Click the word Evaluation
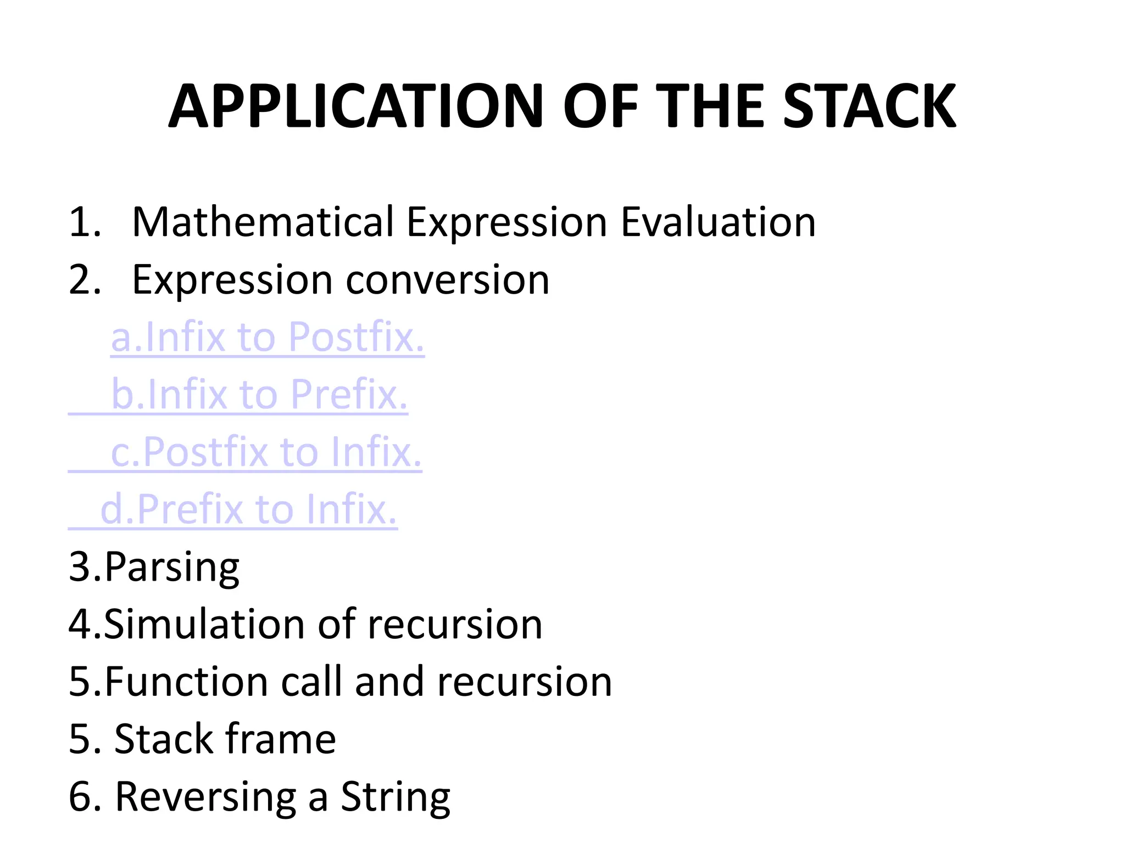tap(718, 222)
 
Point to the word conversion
tap(447, 280)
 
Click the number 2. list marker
tap(85, 280)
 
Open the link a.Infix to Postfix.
tap(268, 337)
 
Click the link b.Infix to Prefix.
tap(259, 395)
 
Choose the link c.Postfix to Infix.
tap(266, 452)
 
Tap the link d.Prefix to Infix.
tap(248, 510)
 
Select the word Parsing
tap(172, 567)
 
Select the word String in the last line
tap(396, 797)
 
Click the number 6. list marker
tap(85, 797)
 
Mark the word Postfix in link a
tap(357, 337)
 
